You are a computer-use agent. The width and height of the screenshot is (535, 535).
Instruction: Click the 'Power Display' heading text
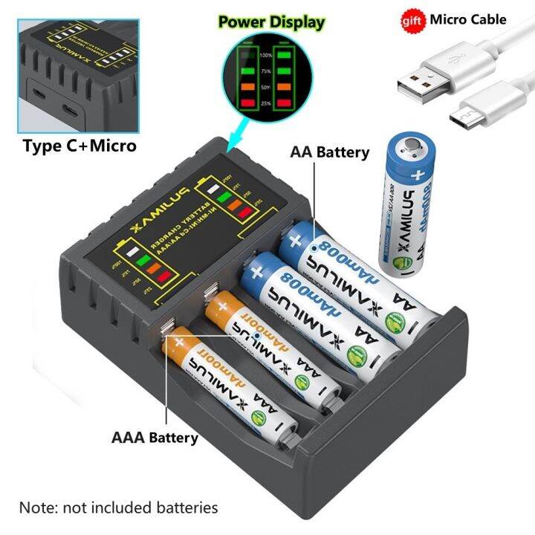point(271,22)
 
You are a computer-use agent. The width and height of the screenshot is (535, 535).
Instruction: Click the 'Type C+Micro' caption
point(80,146)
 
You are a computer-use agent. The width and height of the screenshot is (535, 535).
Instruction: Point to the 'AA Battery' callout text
point(330,152)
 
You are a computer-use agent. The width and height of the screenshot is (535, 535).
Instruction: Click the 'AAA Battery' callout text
point(155,437)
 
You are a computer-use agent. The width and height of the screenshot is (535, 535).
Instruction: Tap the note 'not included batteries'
point(119,508)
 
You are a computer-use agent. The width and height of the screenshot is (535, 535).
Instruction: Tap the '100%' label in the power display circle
point(265,56)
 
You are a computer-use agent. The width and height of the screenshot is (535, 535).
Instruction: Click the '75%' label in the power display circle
point(265,71)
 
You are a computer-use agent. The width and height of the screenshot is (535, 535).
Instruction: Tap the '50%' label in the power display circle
point(265,87)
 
